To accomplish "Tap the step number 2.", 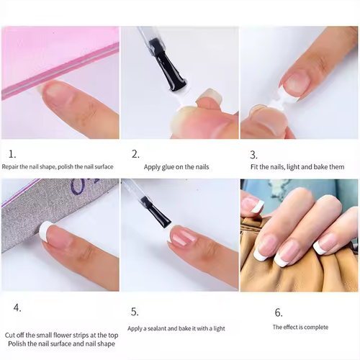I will pos(135,154).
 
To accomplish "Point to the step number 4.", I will pos(17,307).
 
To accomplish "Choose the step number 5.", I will pos(135,311).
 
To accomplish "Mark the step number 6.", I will pos(279,312).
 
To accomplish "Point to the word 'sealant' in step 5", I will pos(162,328).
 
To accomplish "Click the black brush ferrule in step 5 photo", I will pos(158,215).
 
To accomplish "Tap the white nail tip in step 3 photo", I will pos(292,90).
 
